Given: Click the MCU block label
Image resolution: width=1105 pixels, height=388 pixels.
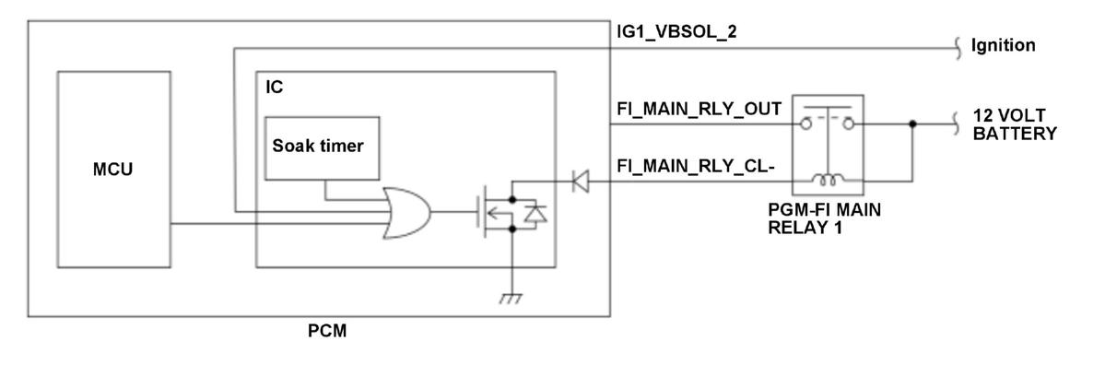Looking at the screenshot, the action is (x=113, y=170).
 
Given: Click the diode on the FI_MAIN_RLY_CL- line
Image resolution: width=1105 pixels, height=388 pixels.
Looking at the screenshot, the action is (x=580, y=182).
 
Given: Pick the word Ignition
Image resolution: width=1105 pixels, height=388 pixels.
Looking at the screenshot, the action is (x=1004, y=46).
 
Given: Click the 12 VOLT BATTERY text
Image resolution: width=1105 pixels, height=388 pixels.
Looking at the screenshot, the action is (x=1015, y=123).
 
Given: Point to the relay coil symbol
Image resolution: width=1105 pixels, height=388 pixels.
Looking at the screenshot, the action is (x=828, y=182).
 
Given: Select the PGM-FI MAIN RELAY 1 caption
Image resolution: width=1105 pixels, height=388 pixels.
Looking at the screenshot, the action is (x=826, y=219).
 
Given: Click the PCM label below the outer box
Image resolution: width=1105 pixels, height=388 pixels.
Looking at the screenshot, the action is (x=327, y=330).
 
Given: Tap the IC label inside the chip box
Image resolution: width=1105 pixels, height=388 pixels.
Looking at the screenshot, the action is (x=274, y=88).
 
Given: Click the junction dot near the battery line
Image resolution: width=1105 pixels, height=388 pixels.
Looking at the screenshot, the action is (x=911, y=124).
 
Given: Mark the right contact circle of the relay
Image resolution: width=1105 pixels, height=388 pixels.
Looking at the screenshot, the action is (x=849, y=124).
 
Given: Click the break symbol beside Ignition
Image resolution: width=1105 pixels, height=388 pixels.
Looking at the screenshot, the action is (x=957, y=47).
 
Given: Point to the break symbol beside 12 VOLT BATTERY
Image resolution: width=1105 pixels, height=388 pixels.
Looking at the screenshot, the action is (x=957, y=124).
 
